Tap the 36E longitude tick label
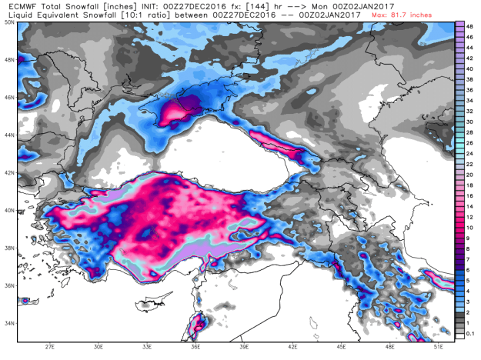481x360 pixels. (x=197, y=347)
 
